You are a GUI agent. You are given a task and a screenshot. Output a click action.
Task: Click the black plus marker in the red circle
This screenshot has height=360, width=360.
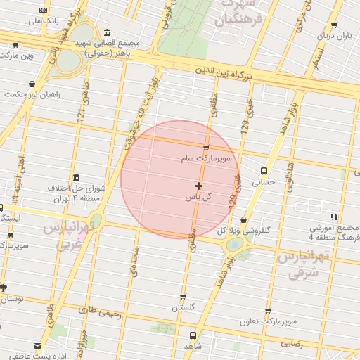click(x=199, y=186)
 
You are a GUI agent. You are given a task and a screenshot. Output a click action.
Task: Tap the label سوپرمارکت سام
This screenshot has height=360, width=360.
click(x=204, y=160)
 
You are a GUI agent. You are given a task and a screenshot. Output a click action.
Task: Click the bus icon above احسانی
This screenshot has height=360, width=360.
click(x=264, y=170)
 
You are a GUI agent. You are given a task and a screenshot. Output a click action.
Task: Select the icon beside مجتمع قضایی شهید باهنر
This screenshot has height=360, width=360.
click(x=106, y=32)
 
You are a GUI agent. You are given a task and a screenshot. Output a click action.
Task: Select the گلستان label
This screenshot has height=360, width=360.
click(x=183, y=308)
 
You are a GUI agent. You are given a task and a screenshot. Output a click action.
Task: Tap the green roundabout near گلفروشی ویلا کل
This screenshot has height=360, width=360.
click(x=235, y=245)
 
